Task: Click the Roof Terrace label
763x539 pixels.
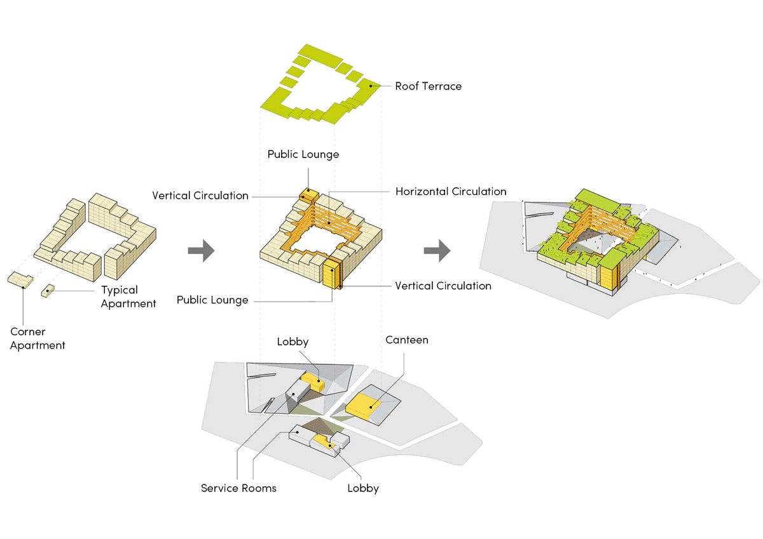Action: (428, 86)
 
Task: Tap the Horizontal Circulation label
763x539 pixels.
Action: (450, 191)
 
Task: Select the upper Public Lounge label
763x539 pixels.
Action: (303, 154)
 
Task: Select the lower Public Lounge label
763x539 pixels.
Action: (212, 300)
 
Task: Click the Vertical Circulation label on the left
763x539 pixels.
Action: (200, 196)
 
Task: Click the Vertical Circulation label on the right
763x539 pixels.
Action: (443, 286)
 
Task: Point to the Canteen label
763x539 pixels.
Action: (407, 340)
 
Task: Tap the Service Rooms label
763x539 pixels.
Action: (238, 488)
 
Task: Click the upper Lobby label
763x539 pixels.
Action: (292, 342)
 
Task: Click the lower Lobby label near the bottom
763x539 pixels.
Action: (363, 488)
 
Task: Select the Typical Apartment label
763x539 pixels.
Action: (128, 296)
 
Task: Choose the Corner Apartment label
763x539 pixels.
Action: (38, 338)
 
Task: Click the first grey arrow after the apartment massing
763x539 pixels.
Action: (201, 251)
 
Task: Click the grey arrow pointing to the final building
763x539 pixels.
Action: (437, 251)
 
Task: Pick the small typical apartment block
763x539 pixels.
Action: (48, 291)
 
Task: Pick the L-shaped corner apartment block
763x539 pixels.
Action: (21, 280)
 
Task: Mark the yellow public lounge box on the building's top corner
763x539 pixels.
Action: (308, 193)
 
